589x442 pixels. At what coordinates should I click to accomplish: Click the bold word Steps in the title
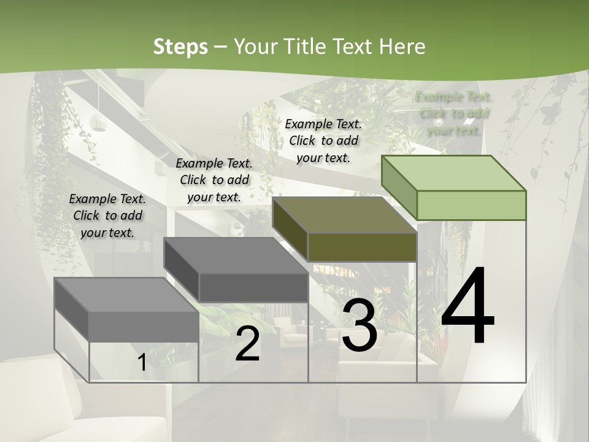180,47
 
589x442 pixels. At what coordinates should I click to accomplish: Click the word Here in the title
402,47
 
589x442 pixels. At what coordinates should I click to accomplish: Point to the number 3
360,326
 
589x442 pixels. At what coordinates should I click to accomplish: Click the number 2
247,344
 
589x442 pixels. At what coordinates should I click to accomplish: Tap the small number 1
142,362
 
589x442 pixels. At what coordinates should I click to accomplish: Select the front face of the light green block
471,205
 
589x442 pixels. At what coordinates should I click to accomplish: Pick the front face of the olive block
362,247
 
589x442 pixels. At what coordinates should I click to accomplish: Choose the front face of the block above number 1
144,326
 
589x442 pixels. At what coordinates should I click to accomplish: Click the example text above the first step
107,215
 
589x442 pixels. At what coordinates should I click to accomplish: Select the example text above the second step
214,180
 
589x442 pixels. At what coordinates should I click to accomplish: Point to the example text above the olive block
323,141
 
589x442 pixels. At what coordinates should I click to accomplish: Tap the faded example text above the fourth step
454,114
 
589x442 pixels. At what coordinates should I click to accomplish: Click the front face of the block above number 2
253,287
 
